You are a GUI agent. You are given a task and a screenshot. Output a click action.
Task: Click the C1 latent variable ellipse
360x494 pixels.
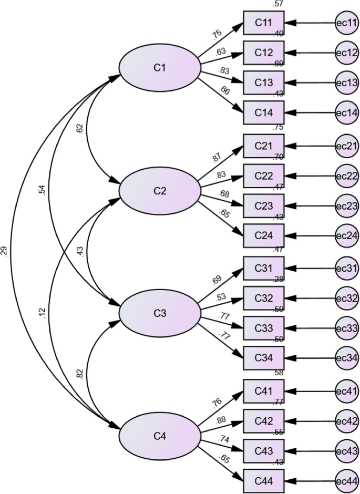160,67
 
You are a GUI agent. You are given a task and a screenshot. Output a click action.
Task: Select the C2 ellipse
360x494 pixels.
160,191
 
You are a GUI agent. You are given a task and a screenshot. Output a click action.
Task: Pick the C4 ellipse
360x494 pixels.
160,436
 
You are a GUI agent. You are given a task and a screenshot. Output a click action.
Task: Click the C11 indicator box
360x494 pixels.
263,23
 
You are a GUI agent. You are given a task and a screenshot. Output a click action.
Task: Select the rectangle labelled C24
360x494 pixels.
263,235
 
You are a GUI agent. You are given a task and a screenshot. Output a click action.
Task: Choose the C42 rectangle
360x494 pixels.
263,421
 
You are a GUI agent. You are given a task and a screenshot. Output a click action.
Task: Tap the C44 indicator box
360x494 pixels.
263,480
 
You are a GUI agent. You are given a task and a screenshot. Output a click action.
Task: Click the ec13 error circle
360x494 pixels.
347,83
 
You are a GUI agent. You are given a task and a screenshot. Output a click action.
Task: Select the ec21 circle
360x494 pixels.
347,145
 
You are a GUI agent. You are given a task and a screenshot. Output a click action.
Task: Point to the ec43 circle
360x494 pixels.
347,451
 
